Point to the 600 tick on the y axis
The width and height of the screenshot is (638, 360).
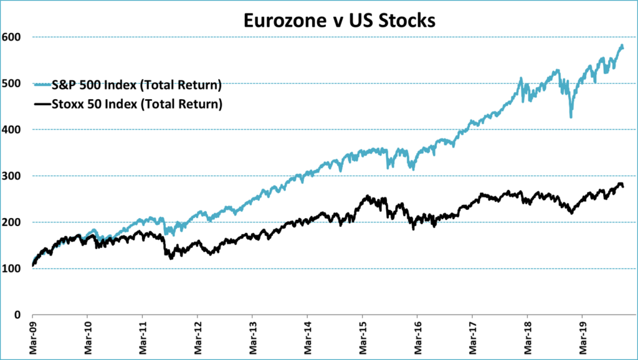pos(12,37)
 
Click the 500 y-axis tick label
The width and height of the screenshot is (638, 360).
pos(12,83)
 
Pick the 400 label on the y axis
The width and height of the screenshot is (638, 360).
pos(12,130)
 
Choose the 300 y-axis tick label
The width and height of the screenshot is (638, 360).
pos(12,176)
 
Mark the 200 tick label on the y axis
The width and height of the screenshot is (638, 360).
pos(12,222)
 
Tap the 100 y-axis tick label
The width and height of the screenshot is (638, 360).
pos(12,268)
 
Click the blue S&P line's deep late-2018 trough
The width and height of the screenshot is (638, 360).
pos(571,116)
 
